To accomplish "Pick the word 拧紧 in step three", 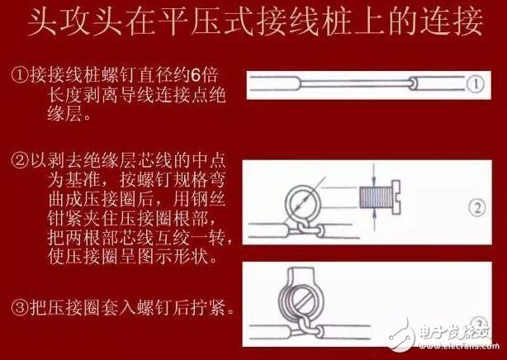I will pyautogui.click(x=216, y=310).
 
